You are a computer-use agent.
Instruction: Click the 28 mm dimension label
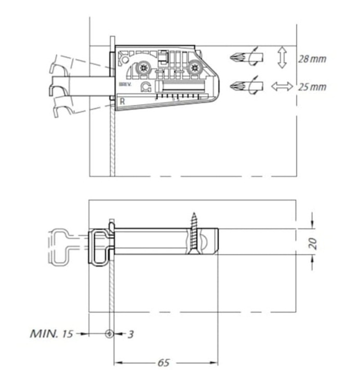[x=312, y=59]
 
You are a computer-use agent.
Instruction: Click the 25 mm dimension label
[x=312, y=87]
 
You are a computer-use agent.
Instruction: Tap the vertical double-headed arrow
[x=282, y=57]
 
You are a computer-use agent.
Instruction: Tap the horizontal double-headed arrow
[x=282, y=86]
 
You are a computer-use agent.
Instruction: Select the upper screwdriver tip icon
[x=246, y=57]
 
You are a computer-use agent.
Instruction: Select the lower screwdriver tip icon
[x=246, y=86]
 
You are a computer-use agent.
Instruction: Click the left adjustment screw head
[x=143, y=68]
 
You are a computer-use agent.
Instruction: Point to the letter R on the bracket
[x=122, y=101]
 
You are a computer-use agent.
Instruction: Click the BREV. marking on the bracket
[x=125, y=84]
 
